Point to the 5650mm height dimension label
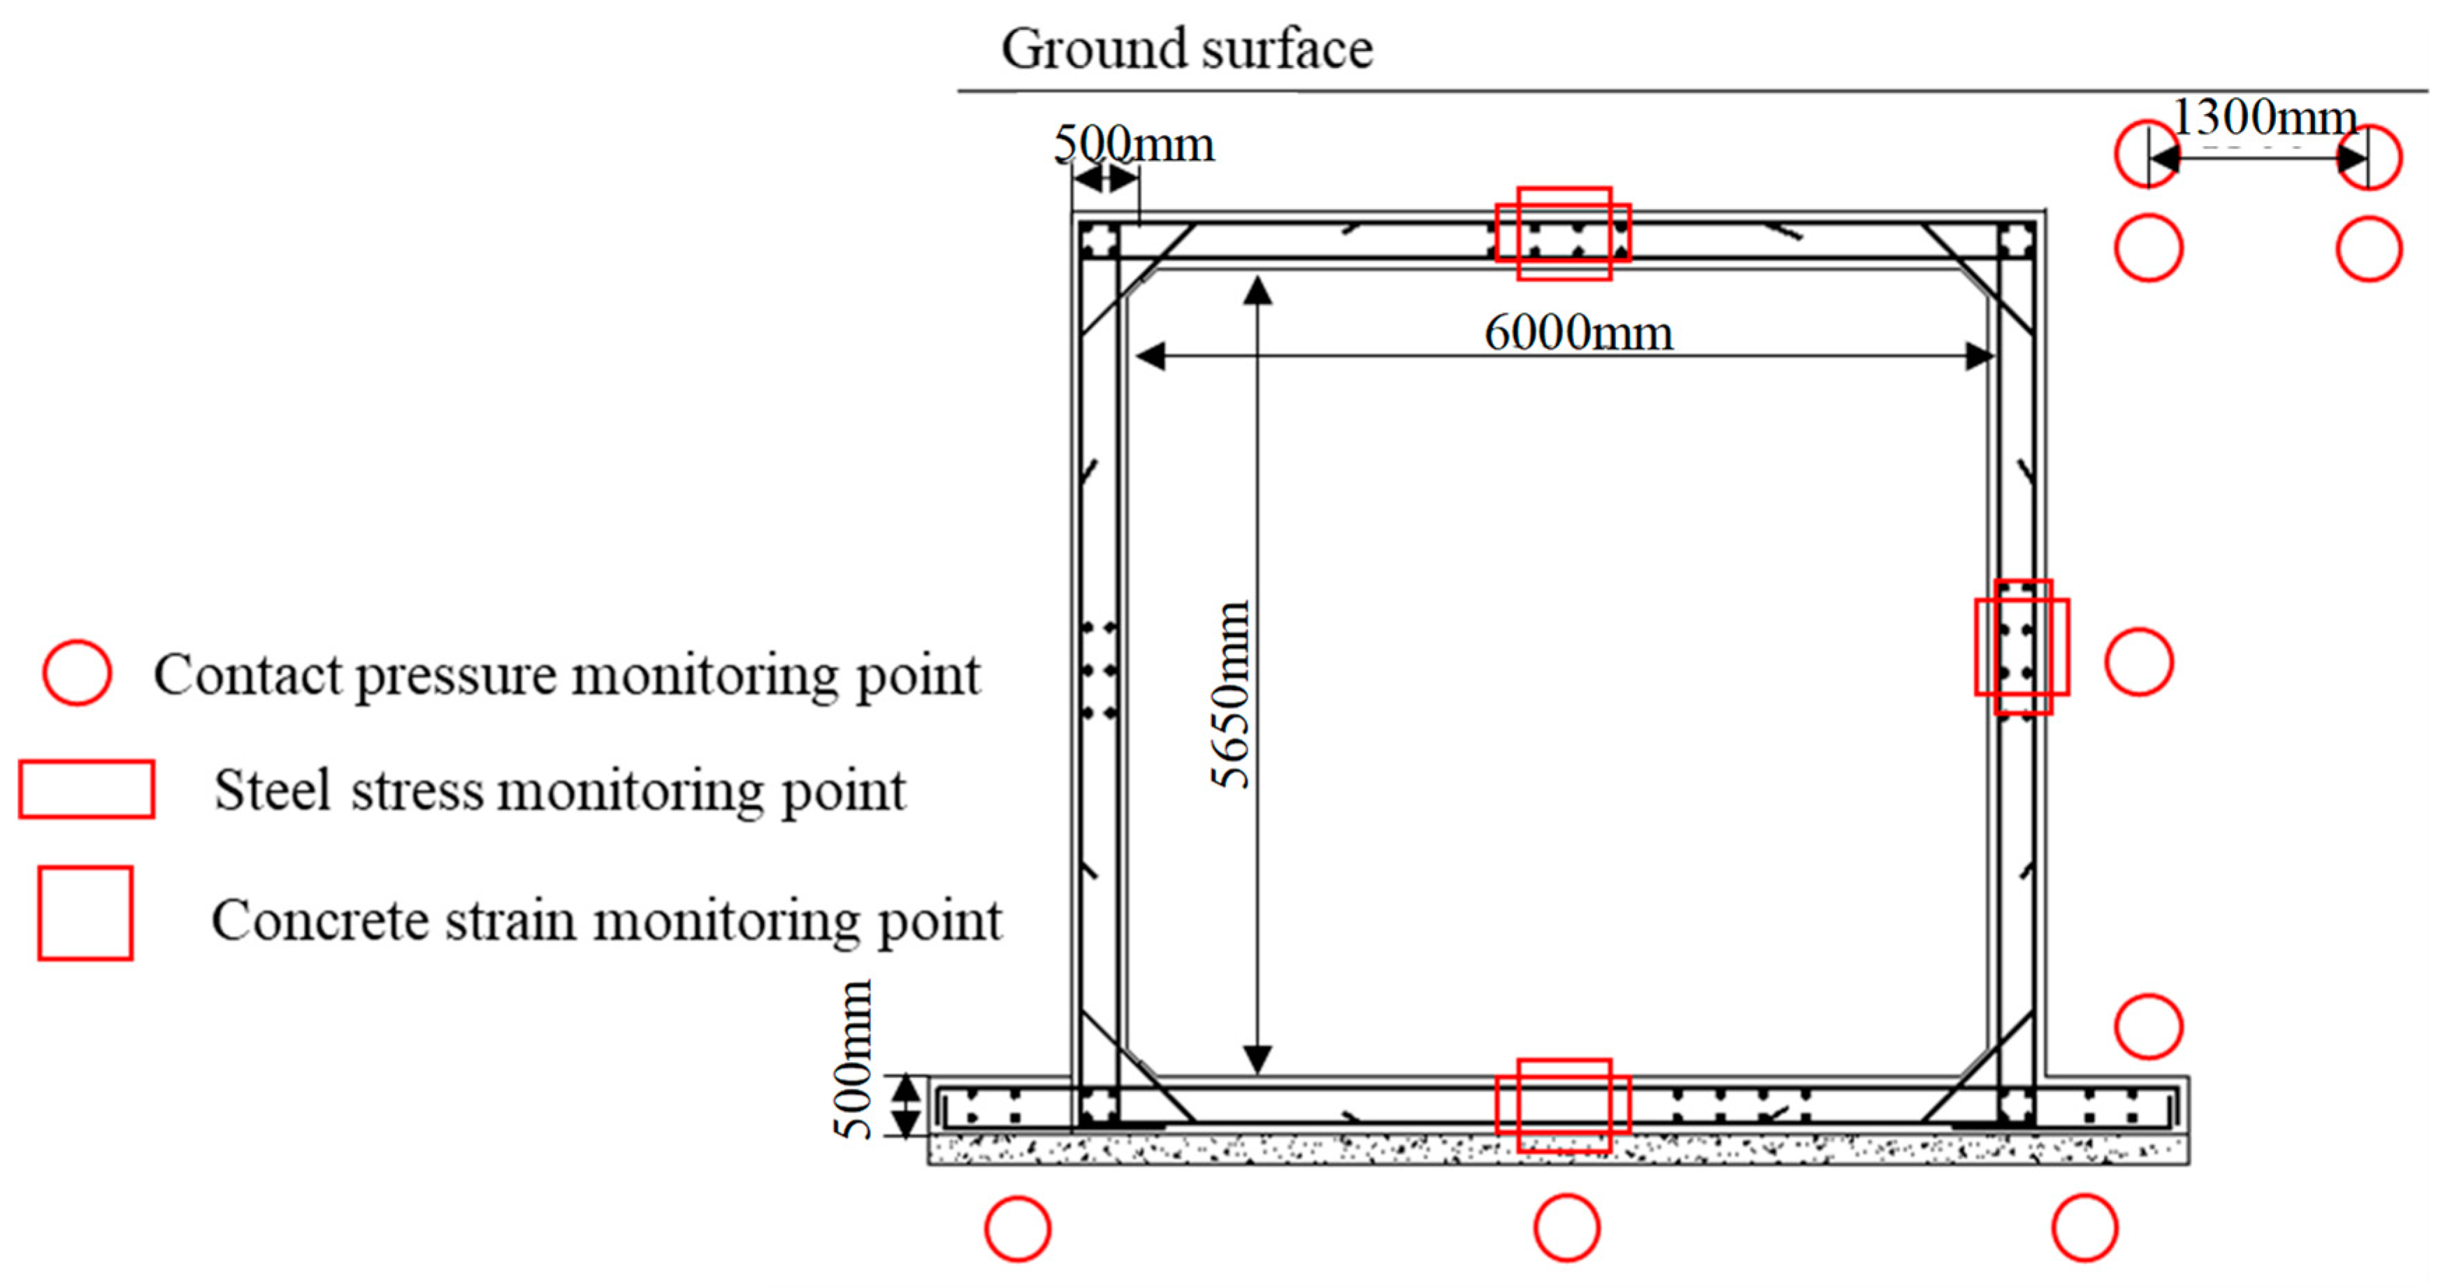[x=1231, y=694]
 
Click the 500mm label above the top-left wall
[x=1134, y=145]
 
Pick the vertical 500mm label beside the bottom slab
[x=853, y=1060]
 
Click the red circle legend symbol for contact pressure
[x=77, y=673]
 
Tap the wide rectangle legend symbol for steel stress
[x=87, y=789]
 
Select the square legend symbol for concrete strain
[x=85, y=912]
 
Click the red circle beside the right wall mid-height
[x=2139, y=661]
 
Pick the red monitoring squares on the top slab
[x=1564, y=233]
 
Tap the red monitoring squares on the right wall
[x=2022, y=647]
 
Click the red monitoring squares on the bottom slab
[x=1564, y=1105]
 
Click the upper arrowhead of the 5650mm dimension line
[x=1258, y=289]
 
